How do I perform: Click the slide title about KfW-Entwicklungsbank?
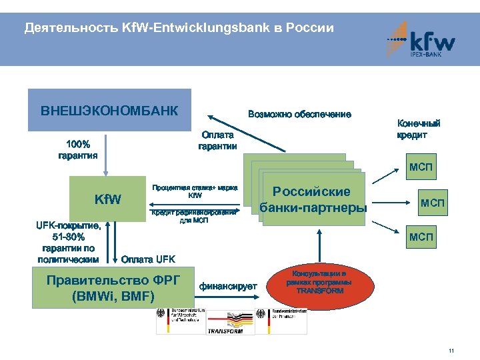[178, 28]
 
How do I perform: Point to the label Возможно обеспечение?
[299, 115]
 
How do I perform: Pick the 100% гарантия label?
[77, 149]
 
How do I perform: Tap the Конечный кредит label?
[418, 129]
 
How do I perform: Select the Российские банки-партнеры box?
[313, 199]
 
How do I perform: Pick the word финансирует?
[228, 286]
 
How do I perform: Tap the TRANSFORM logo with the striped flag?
[233, 323]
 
